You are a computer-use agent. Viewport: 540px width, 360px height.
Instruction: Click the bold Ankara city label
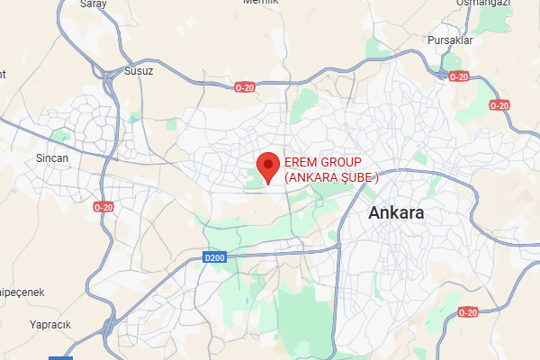coord(397,214)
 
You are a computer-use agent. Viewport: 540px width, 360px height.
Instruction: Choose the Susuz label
coord(139,70)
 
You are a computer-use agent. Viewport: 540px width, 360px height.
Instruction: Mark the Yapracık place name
coord(50,324)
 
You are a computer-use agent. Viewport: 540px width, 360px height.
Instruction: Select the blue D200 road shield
coord(213,258)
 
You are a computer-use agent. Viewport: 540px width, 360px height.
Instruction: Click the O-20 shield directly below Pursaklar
coord(459,76)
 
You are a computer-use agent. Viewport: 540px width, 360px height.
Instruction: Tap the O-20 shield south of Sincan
coord(104,207)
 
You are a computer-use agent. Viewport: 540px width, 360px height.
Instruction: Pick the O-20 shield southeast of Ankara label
coord(468,312)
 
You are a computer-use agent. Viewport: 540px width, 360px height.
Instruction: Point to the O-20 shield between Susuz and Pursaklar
coord(246,86)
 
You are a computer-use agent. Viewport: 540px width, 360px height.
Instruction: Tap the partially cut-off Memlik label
coord(261,4)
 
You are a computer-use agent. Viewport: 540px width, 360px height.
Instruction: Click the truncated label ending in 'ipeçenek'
coord(20,293)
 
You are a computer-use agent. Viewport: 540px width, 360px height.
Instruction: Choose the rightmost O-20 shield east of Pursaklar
coord(499,105)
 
